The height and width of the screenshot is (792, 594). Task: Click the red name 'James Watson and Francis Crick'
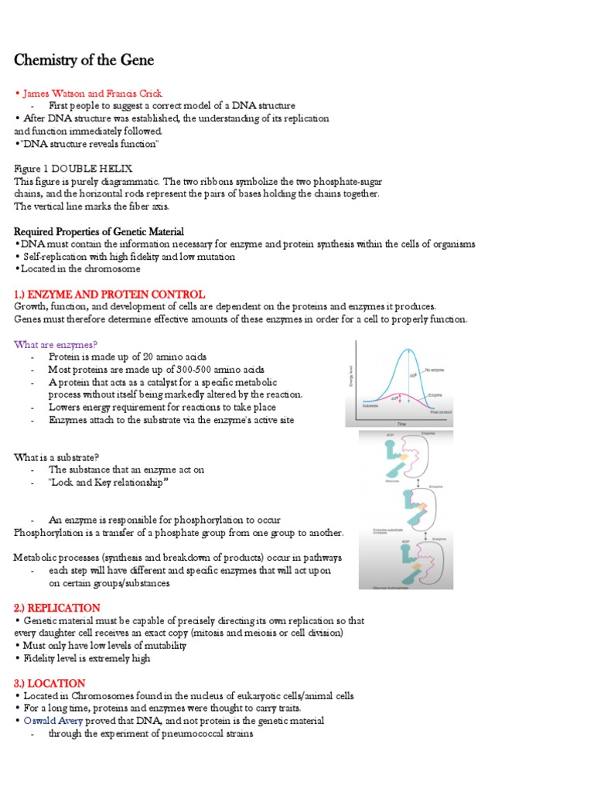[92, 94]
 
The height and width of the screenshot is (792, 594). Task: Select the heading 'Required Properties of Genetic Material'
[99, 232]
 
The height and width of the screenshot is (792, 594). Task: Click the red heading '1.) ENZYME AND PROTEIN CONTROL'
[110, 295]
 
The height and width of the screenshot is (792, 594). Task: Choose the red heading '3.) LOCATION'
[49, 683]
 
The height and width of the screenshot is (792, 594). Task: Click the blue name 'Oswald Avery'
[52, 721]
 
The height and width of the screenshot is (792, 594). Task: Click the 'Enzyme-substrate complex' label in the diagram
[388, 531]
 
